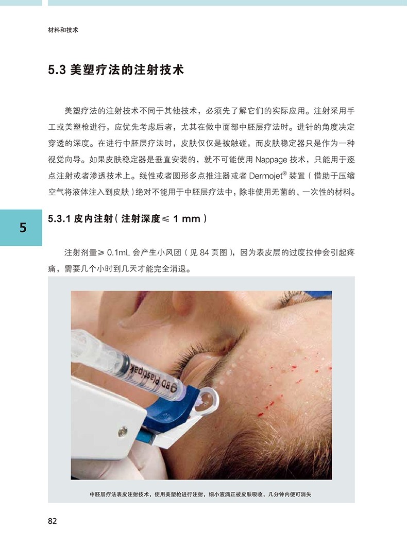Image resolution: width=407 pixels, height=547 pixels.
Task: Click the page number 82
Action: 53,521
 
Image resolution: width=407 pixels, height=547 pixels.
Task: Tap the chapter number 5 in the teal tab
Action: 23,228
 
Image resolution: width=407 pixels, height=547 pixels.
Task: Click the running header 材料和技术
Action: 63,30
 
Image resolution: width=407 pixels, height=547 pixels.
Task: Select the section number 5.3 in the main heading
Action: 57,70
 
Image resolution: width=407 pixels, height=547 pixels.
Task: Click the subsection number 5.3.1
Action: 59,219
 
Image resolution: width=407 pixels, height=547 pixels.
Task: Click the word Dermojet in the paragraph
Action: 266,176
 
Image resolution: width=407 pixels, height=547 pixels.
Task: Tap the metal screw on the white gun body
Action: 123,432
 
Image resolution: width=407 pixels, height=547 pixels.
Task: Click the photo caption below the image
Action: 200,494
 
